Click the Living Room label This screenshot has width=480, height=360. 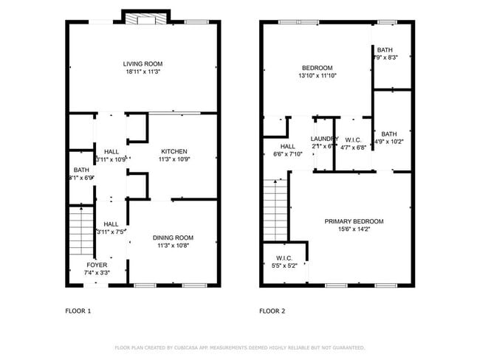coord(143,64)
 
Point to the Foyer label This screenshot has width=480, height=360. coord(97,265)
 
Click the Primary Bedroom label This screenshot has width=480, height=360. coord(354,221)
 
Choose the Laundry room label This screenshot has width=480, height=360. coord(324,139)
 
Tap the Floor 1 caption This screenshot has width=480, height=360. coord(78,311)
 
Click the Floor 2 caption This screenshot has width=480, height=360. coord(272,311)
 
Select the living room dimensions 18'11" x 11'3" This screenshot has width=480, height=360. coord(143,72)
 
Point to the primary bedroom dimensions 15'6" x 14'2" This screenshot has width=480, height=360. coord(354,229)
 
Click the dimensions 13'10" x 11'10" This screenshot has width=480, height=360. coord(318,75)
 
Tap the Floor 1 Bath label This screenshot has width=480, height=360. coord(80,170)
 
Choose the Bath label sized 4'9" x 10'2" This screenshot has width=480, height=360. coord(388,134)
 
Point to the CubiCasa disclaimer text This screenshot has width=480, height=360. coord(239,347)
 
